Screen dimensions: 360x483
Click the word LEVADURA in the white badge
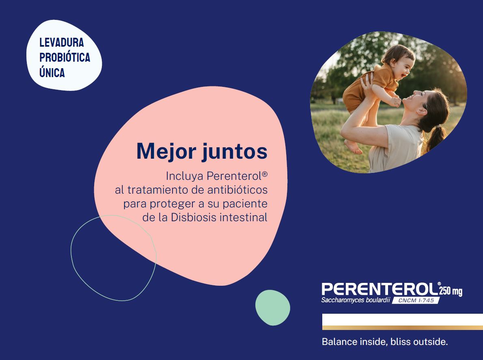tap(61, 43)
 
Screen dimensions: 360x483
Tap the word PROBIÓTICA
tap(65, 58)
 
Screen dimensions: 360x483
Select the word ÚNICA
tap(52, 73)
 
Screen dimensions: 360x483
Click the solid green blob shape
tap(272, 307)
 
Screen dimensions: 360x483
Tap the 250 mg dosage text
tap(451, 291)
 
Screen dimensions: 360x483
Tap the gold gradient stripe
tap(402, 327)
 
